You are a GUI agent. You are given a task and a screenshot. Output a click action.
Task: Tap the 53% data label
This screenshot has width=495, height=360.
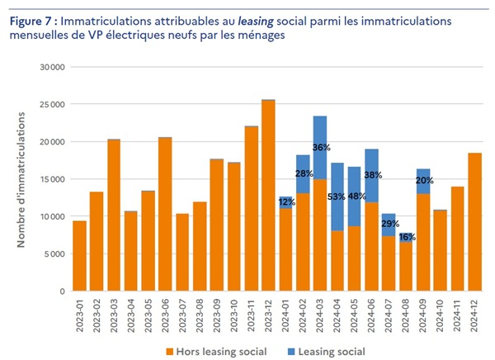337,197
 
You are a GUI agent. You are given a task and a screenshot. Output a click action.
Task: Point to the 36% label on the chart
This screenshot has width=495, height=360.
321,148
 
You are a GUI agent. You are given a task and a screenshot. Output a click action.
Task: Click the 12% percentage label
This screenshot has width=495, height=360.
286,201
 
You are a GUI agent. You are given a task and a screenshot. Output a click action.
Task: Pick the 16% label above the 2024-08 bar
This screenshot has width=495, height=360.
407,237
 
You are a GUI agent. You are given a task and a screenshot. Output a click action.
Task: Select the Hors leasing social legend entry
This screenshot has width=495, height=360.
224,352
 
